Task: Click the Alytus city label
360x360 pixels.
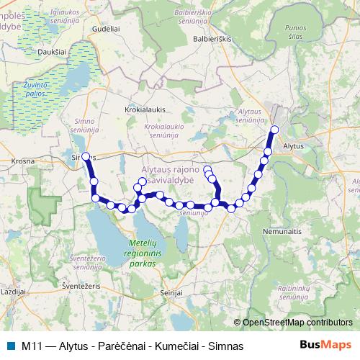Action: click(x=294, y=145)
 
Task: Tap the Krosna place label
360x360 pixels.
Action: click(x=22, y=161)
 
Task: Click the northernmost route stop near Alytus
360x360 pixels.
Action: click(x=274, y=130)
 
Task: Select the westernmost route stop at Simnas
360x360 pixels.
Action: click(x=86, y=156)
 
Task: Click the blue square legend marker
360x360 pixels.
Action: click(x=9, y=346)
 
